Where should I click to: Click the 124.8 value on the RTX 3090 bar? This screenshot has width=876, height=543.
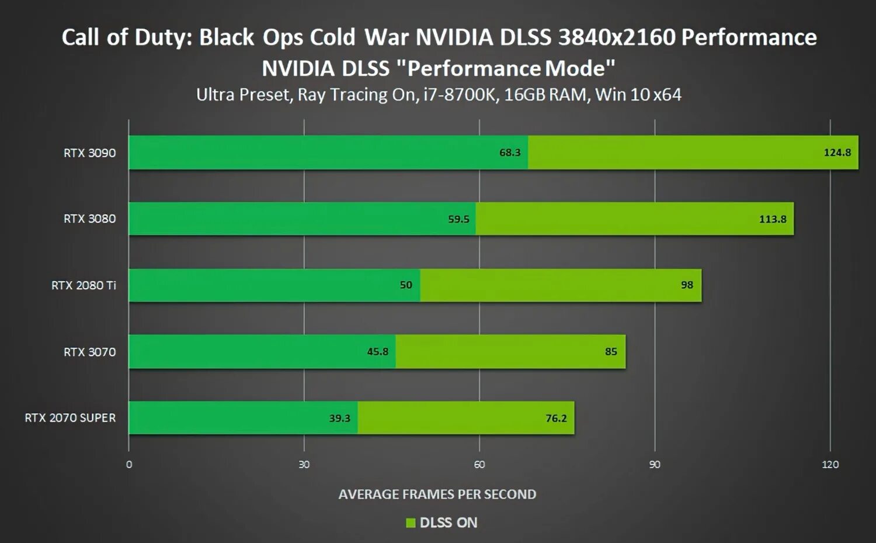(x=837, y=153)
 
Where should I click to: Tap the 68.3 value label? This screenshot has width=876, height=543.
(x=509, y=153)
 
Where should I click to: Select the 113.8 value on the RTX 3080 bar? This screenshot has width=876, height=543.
(x=772, y=219)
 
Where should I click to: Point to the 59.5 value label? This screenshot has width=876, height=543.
(x=458, y=219)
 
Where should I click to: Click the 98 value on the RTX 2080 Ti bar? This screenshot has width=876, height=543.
(x=687, y=285)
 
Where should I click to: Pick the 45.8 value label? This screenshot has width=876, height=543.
(x=377, y=352)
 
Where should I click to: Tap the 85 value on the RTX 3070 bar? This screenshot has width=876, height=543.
(x=611, y=352)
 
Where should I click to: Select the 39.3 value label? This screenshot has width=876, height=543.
(x=339, y=419)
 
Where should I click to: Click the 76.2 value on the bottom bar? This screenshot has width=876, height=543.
(x=556, y=419)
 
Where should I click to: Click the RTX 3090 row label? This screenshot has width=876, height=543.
(x=89, y=153)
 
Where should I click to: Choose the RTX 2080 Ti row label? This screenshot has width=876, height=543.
(x=84, y=285)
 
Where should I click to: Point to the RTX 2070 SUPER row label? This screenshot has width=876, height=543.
(x=70, y=418)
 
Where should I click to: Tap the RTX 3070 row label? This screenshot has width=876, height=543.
(x=89, y=352)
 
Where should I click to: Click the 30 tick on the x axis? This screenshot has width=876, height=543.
(x=304, y=465)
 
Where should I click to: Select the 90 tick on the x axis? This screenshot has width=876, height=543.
(x=655, y=465)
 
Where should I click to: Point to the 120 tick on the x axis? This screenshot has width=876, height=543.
(x=830, y=465)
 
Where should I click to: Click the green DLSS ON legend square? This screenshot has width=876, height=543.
(x=411, y=523)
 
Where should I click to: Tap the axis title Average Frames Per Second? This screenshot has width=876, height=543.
(x=437, y=494)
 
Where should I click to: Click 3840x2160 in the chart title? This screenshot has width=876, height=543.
(x=616, y=37)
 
